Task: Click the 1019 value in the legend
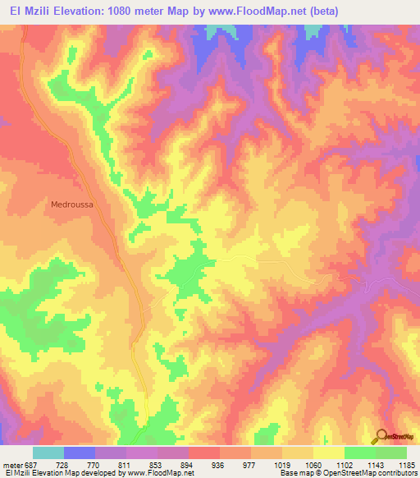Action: pyautogui.click(x=281, y=464)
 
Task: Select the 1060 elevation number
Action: pyautogui.click(x=313, y=464)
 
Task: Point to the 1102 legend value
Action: pyautogui.click(x=345, y=464)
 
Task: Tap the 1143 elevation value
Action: pyautogui.click(x=376, y=464)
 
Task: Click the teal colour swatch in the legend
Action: pyautogui.click(x=48, y=453)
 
